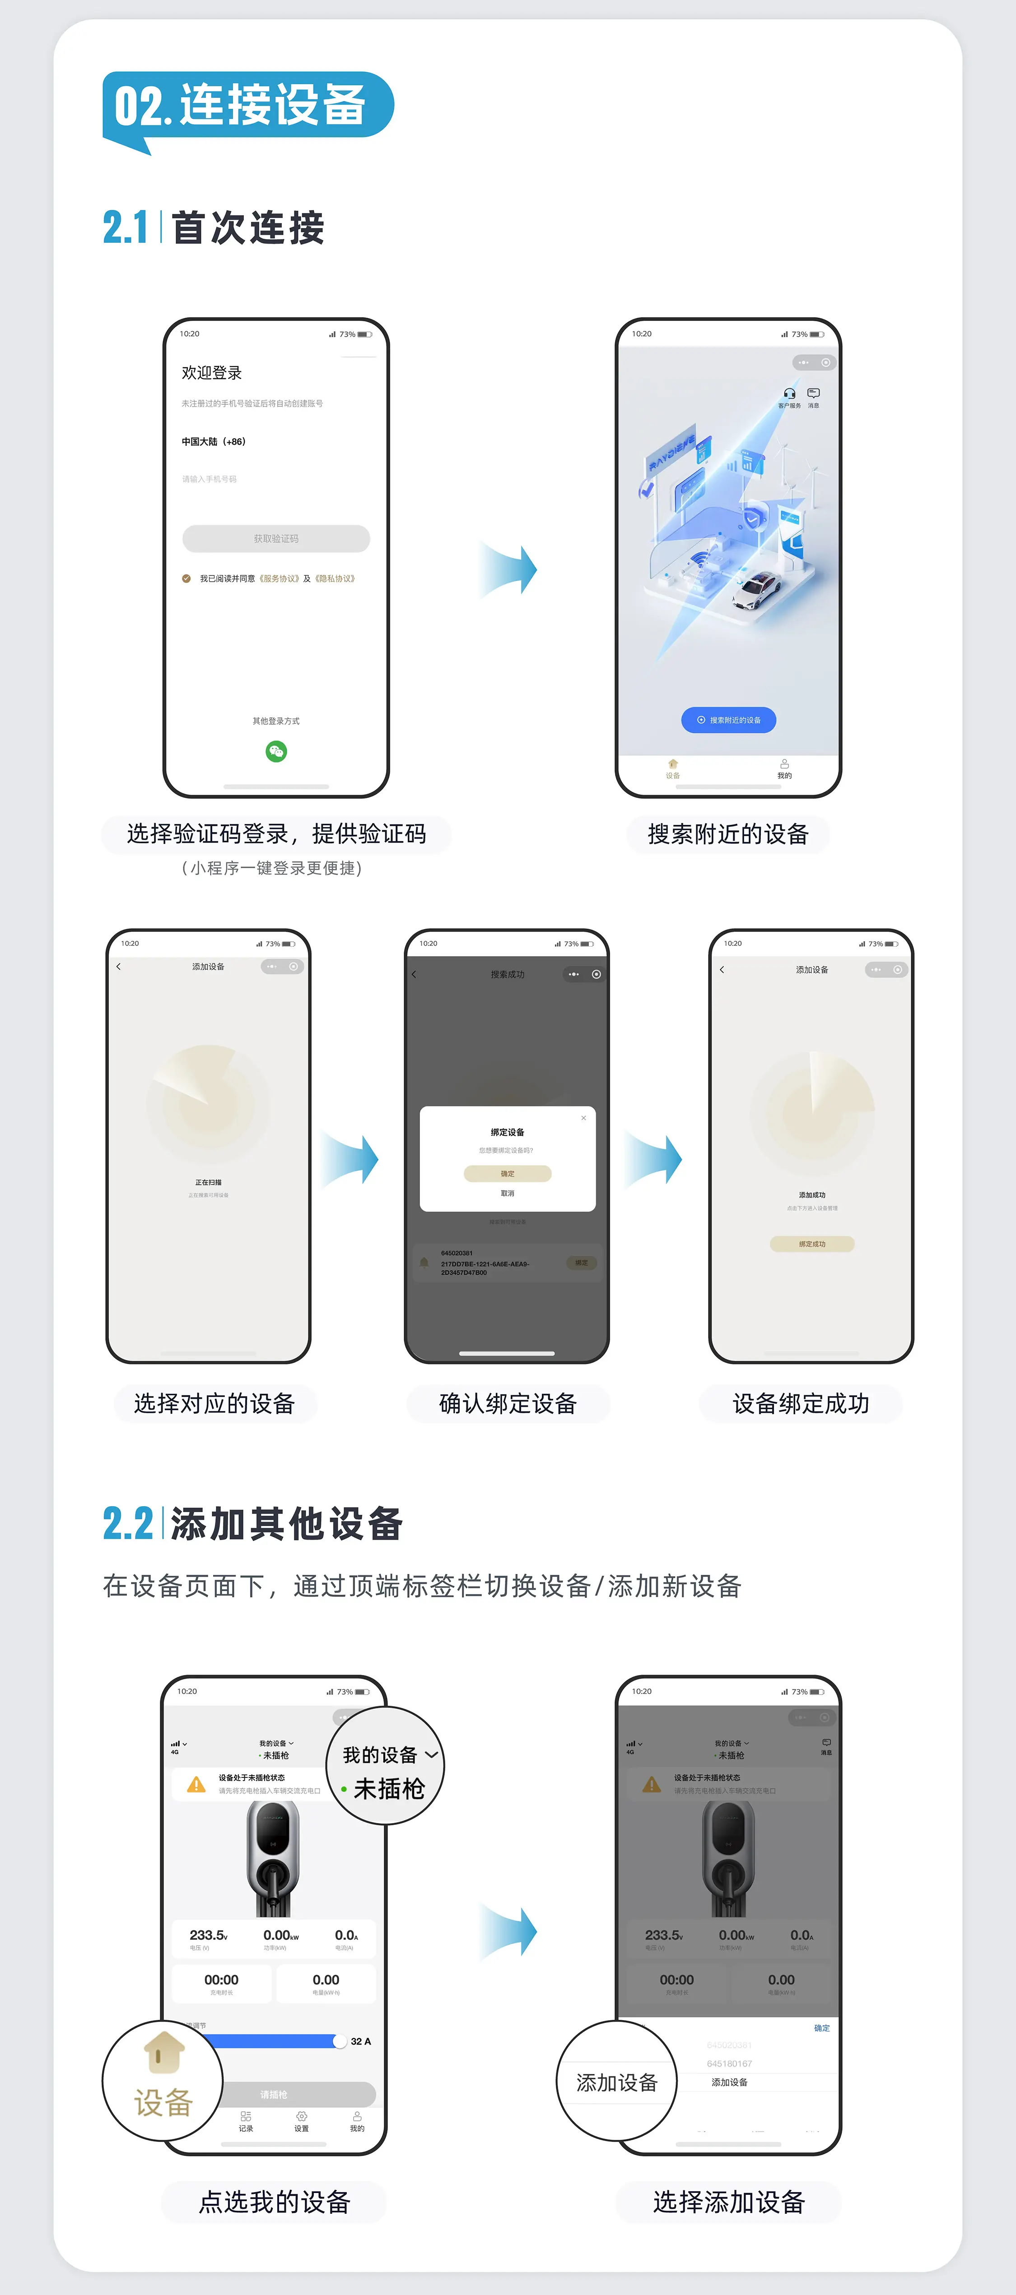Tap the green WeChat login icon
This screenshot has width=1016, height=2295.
point(276,752)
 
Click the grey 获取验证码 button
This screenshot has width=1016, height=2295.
point(276,538)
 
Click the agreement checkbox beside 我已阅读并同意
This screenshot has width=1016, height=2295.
point(186,578)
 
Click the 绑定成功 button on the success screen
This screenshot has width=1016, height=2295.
point(812,1244)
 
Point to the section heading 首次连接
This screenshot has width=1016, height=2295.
point(248,228)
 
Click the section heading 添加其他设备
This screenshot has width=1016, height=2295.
point(287,1523)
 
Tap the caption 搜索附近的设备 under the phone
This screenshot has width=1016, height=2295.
point(728,834)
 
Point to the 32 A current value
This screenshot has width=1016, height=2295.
point(361,2041)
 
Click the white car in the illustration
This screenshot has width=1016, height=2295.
point(758,588)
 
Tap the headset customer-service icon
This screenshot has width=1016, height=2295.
point(789,393)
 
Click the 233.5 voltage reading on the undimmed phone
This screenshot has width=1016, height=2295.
point(209,1935)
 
